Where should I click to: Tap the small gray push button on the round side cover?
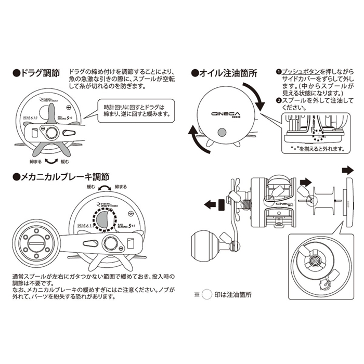[223, 134]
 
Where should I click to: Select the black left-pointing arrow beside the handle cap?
[211, 204]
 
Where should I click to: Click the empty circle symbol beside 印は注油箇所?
[207, 293]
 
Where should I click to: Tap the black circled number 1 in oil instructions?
[278, 71]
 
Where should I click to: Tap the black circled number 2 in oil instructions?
[278, 100]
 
